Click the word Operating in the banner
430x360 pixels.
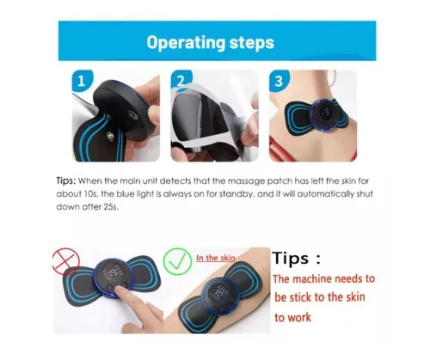click(186, 43)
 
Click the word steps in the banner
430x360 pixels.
click(252, 43)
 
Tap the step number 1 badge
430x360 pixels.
click(82, 81)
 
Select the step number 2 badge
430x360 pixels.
click(181, 79)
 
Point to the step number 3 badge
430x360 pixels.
click(279, 82)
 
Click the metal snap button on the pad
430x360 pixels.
click(110, 136)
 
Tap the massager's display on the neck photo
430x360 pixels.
click(326, 114)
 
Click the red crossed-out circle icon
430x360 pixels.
click(66, 261)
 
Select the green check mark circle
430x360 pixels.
click(177, 262)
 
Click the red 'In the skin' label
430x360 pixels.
click(216, 258)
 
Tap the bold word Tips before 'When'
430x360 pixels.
click(66, 181)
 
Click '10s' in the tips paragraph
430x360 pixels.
click(91, 194)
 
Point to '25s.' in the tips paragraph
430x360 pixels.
click(111, 207)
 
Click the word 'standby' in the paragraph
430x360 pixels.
click(236, 194)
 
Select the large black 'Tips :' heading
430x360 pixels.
click(296, 258)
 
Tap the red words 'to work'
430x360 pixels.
click(292, 318)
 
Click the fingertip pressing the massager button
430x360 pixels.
click(120, 290)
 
